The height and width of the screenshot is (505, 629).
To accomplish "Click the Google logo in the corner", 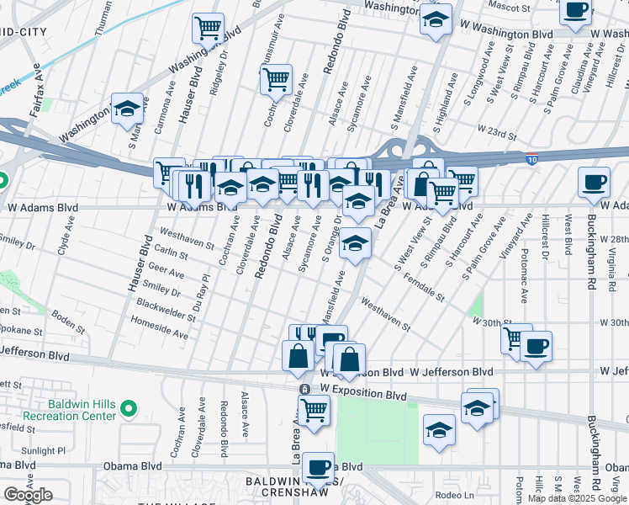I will pyautogui.click(x=28, y=495).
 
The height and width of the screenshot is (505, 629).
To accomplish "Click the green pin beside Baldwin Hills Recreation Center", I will pyautogui.click(x=128, y=409).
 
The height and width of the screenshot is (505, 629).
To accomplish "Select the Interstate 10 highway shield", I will pyautogui.click(x=534, y=158).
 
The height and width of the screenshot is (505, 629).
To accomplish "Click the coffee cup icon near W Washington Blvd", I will pyautogui.click(x=576, y=11).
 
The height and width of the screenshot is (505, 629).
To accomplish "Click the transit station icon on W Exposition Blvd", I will pyautogui.click(x=304, y=390).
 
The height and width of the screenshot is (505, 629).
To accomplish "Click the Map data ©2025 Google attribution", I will pyautogui.click(x=577, y=498).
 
